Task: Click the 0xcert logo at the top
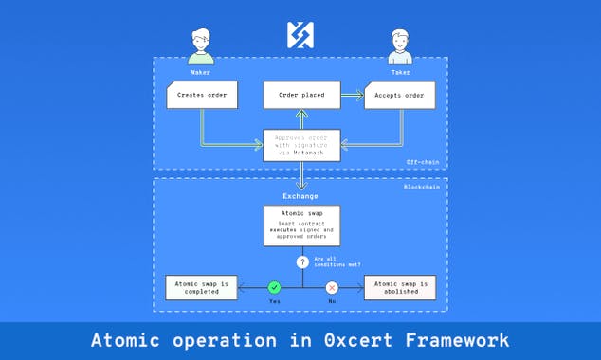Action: pos(300,35)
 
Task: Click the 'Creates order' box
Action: pos(201,95)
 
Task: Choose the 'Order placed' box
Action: pos(300,95)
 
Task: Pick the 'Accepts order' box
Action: pos(400,95)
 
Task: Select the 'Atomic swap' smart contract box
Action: pos(300,225)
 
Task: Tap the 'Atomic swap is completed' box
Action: pos(200,287)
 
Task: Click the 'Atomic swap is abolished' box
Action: pos(400,287)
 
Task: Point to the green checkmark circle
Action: pos(274,287)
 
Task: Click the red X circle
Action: pos(332,287)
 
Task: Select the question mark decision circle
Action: pos(301,261)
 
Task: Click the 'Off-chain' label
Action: pos(424,163)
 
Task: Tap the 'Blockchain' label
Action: pos(422,187)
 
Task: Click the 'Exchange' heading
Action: pos(300,196)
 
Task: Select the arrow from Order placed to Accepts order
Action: pos(351,95)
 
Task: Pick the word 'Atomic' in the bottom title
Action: pos(126,340)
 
